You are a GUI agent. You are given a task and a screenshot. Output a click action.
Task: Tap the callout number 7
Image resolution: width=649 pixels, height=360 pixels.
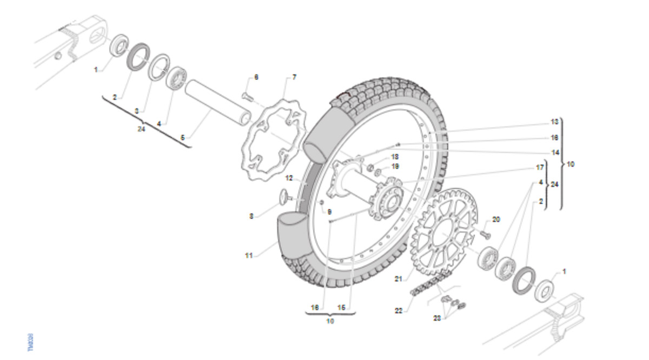pyautogui.click(x=294, y=77)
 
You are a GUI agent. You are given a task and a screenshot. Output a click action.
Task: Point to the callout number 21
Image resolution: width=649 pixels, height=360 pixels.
pyautogui.click(x=399, y=279)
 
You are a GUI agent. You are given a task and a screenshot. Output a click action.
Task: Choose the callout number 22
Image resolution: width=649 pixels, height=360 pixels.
pyautogui.click(x=399, y=310)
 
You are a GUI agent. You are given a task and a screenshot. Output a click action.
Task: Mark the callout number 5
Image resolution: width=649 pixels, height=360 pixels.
pyautogui.click(x=183, y=138)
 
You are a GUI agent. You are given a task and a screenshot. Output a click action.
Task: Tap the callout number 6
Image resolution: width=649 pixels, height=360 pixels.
pyautogui.click(x=256, y=77)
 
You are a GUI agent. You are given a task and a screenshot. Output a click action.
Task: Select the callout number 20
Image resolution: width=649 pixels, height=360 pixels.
pyautogui.click(x=496, y=219)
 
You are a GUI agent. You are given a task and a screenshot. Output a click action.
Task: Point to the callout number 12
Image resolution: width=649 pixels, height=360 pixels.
pyautogui.click(x=289, y=177)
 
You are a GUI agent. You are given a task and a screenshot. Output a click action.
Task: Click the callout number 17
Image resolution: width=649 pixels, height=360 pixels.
pyautogui.click(x=539, y=168)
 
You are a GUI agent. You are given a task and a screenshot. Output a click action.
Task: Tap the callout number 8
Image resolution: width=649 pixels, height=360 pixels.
pyautogui.click(x=251, y=216)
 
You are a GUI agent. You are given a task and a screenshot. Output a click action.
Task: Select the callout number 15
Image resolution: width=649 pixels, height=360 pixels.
pyautogui.click(x=341, y=307)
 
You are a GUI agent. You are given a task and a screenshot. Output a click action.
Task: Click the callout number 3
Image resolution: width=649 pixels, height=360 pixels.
pyautogui.click(x=136, y=111)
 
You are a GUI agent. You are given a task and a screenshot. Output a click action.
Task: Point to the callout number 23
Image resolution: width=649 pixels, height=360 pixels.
pyautogui.click(x=437, y=318)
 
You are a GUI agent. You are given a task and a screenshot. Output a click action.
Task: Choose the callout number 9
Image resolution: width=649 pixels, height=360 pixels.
pyautogui.click(x=329, y=211)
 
